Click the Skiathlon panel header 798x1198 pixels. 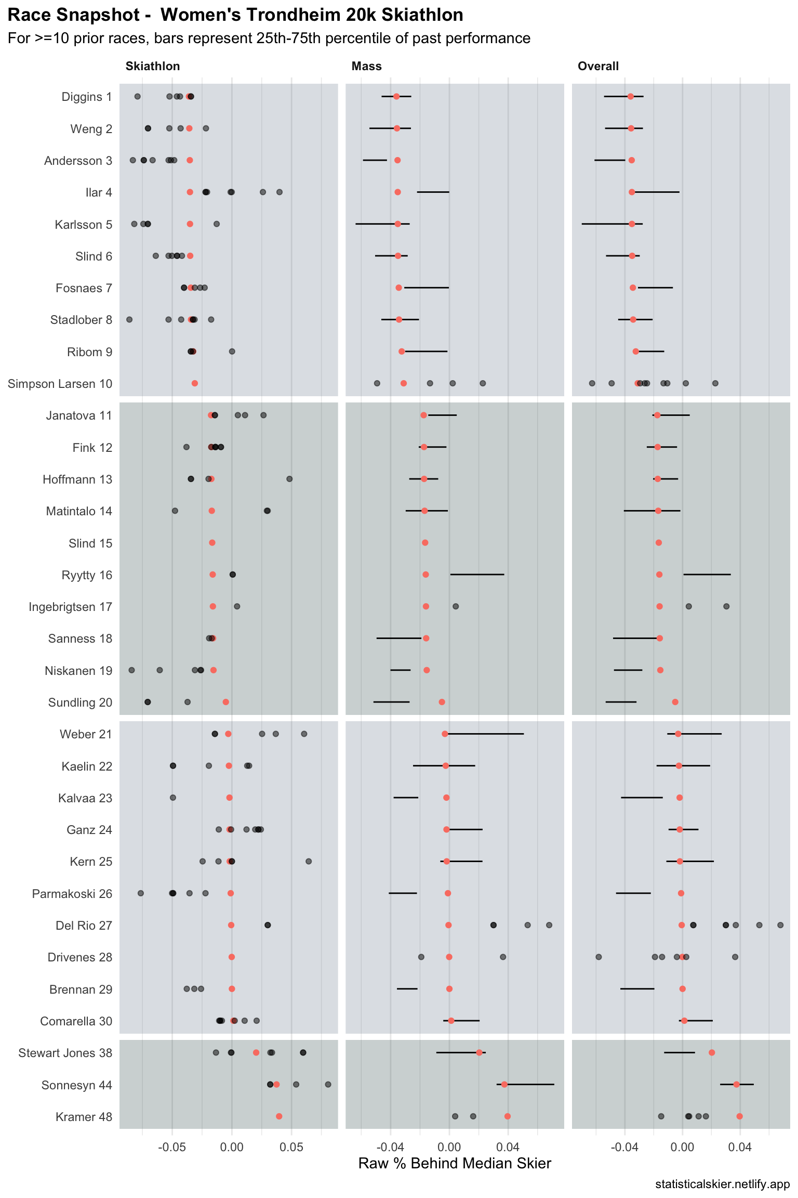[153, 66]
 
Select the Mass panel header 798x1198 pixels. [366, 66]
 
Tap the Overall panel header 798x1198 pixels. [598, 66]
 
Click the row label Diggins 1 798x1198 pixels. [86, 97]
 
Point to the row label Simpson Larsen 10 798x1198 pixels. [60, 384]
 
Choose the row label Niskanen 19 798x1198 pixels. [78, 671]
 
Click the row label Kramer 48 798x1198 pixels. [84, 1117]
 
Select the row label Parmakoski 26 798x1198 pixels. [72, 894]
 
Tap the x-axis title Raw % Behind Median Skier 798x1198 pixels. [455, 1163]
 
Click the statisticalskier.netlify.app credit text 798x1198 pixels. [722, 1184]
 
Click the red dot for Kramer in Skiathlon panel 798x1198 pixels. [279, 1116]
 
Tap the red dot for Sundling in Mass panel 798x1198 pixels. [442, 702]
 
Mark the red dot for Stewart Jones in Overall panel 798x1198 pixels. [712, 1052]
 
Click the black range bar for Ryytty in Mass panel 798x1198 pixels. [477, 575]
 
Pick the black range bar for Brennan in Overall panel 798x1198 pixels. [637, 988]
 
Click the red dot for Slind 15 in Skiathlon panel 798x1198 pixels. [212, 543]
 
